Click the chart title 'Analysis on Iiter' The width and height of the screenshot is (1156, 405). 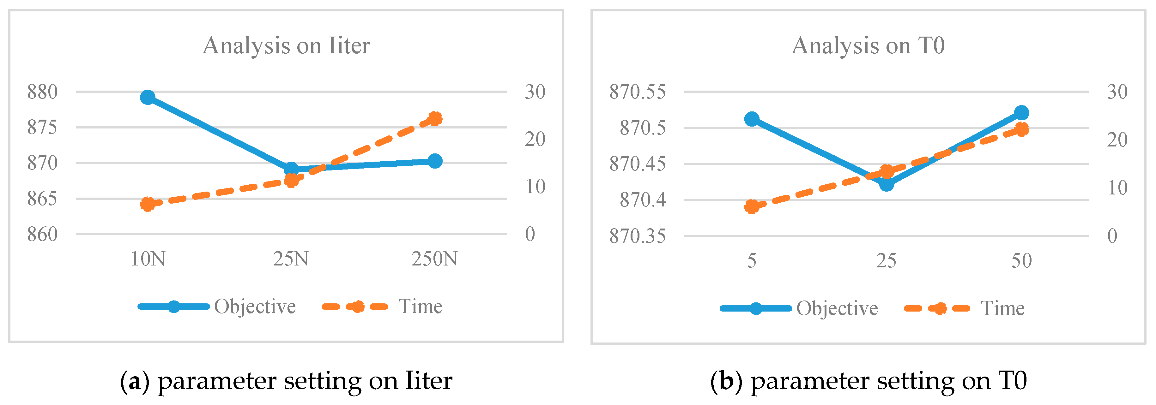(286, 46)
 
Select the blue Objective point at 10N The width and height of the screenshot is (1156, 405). (148, 97)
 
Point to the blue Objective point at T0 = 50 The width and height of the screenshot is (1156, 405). (1022, 113)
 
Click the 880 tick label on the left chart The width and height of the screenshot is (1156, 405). (43, 92)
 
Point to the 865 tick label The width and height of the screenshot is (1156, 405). (43, 199)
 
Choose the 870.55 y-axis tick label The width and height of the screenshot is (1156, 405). (637, 92)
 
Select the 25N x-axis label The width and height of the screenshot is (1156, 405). (291, 259)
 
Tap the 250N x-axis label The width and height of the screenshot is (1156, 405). (434, 259)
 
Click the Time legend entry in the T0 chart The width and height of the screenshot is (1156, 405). (1002, 309)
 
